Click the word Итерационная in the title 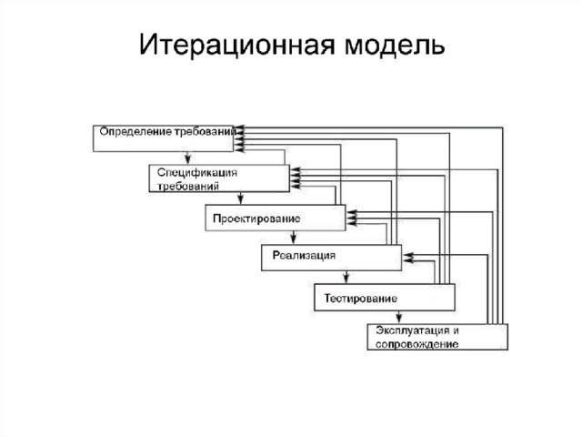237,45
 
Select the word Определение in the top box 135,132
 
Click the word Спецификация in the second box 197,173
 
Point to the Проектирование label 256,218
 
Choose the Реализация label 304,255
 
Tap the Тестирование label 361,299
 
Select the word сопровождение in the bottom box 416,344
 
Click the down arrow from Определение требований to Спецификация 188,158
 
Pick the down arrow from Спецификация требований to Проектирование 240,198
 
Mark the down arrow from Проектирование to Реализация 293,237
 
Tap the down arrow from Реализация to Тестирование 346,277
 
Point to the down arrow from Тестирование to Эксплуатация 398,317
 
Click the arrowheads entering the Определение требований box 239,138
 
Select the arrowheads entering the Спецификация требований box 296,178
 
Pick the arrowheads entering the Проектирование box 351,218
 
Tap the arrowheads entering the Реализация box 408,258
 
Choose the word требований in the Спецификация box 188,186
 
